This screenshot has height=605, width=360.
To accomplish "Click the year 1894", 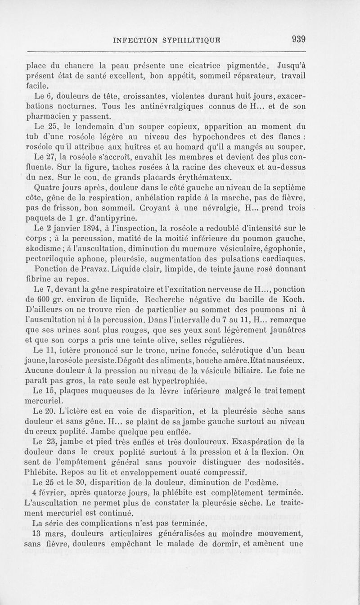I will coord(99,229).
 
